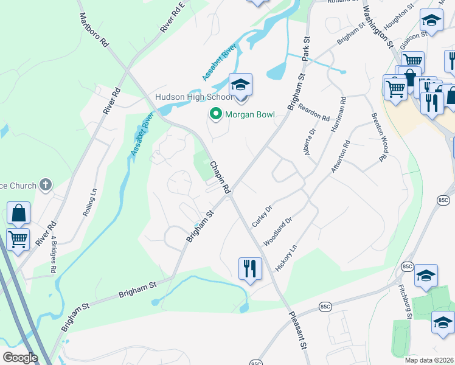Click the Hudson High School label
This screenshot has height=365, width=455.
point(193,97)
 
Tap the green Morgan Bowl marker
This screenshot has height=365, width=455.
point(215,114)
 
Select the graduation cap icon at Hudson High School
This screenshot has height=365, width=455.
point(240,84)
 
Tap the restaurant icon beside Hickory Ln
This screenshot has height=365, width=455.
point(249,268)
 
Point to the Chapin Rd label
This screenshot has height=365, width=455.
point(220,178)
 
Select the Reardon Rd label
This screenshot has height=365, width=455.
point(313,111)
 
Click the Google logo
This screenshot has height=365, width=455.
point(20,358)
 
